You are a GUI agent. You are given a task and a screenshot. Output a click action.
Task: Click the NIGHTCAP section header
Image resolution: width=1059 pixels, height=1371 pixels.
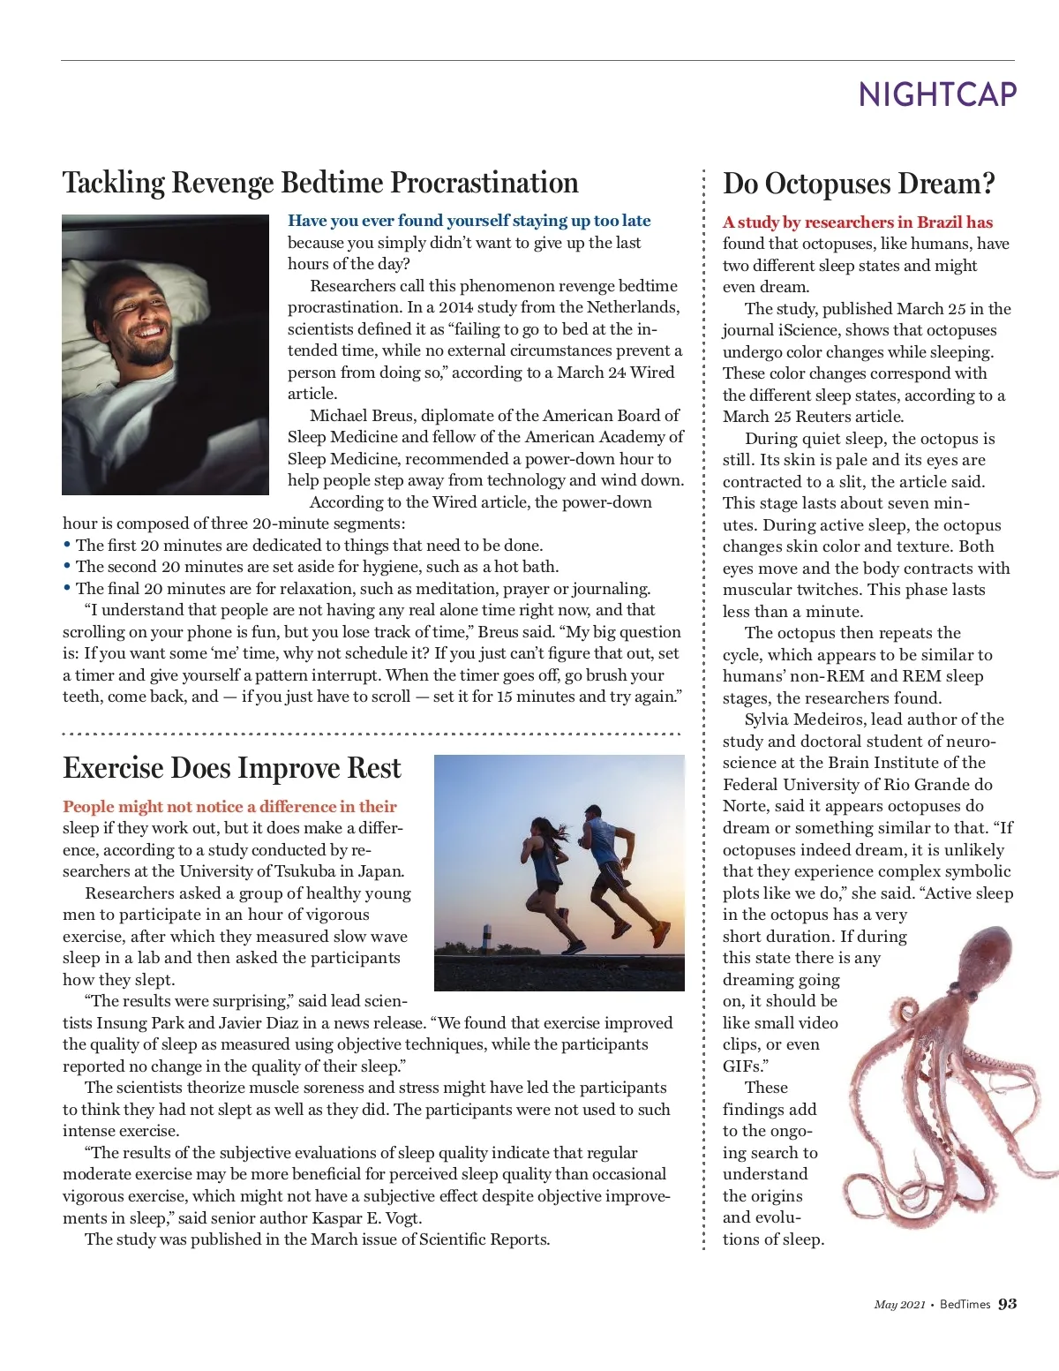[x=937, y=94]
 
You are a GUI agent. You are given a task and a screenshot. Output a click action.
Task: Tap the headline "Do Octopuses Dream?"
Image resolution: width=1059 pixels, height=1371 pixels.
[x=859, y=184]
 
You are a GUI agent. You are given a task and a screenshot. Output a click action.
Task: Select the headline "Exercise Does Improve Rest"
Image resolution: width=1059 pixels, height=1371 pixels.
[x=232, y=768]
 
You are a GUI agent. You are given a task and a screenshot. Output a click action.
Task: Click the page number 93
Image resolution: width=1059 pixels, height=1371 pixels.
[x=1007, y=1304]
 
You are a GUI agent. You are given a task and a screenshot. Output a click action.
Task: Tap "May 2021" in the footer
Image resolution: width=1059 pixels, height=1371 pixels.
[x=899, y=1305]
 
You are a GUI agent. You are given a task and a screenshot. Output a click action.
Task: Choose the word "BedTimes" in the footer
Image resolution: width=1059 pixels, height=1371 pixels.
[x=965, y=1305]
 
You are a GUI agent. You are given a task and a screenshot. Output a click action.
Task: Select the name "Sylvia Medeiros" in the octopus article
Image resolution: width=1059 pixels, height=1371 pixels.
[x=803, y=719]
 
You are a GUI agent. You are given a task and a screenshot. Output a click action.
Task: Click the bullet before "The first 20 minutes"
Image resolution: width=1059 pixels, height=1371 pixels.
[x=67, y=545]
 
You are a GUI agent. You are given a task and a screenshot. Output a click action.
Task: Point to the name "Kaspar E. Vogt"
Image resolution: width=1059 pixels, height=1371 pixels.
[x=367, y=1218]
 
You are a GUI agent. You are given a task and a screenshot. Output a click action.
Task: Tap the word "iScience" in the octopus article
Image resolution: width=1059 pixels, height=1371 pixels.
[x=802, y=330]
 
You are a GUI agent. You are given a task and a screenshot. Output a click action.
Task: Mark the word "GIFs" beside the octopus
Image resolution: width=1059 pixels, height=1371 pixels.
[x=741, y=1066]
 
